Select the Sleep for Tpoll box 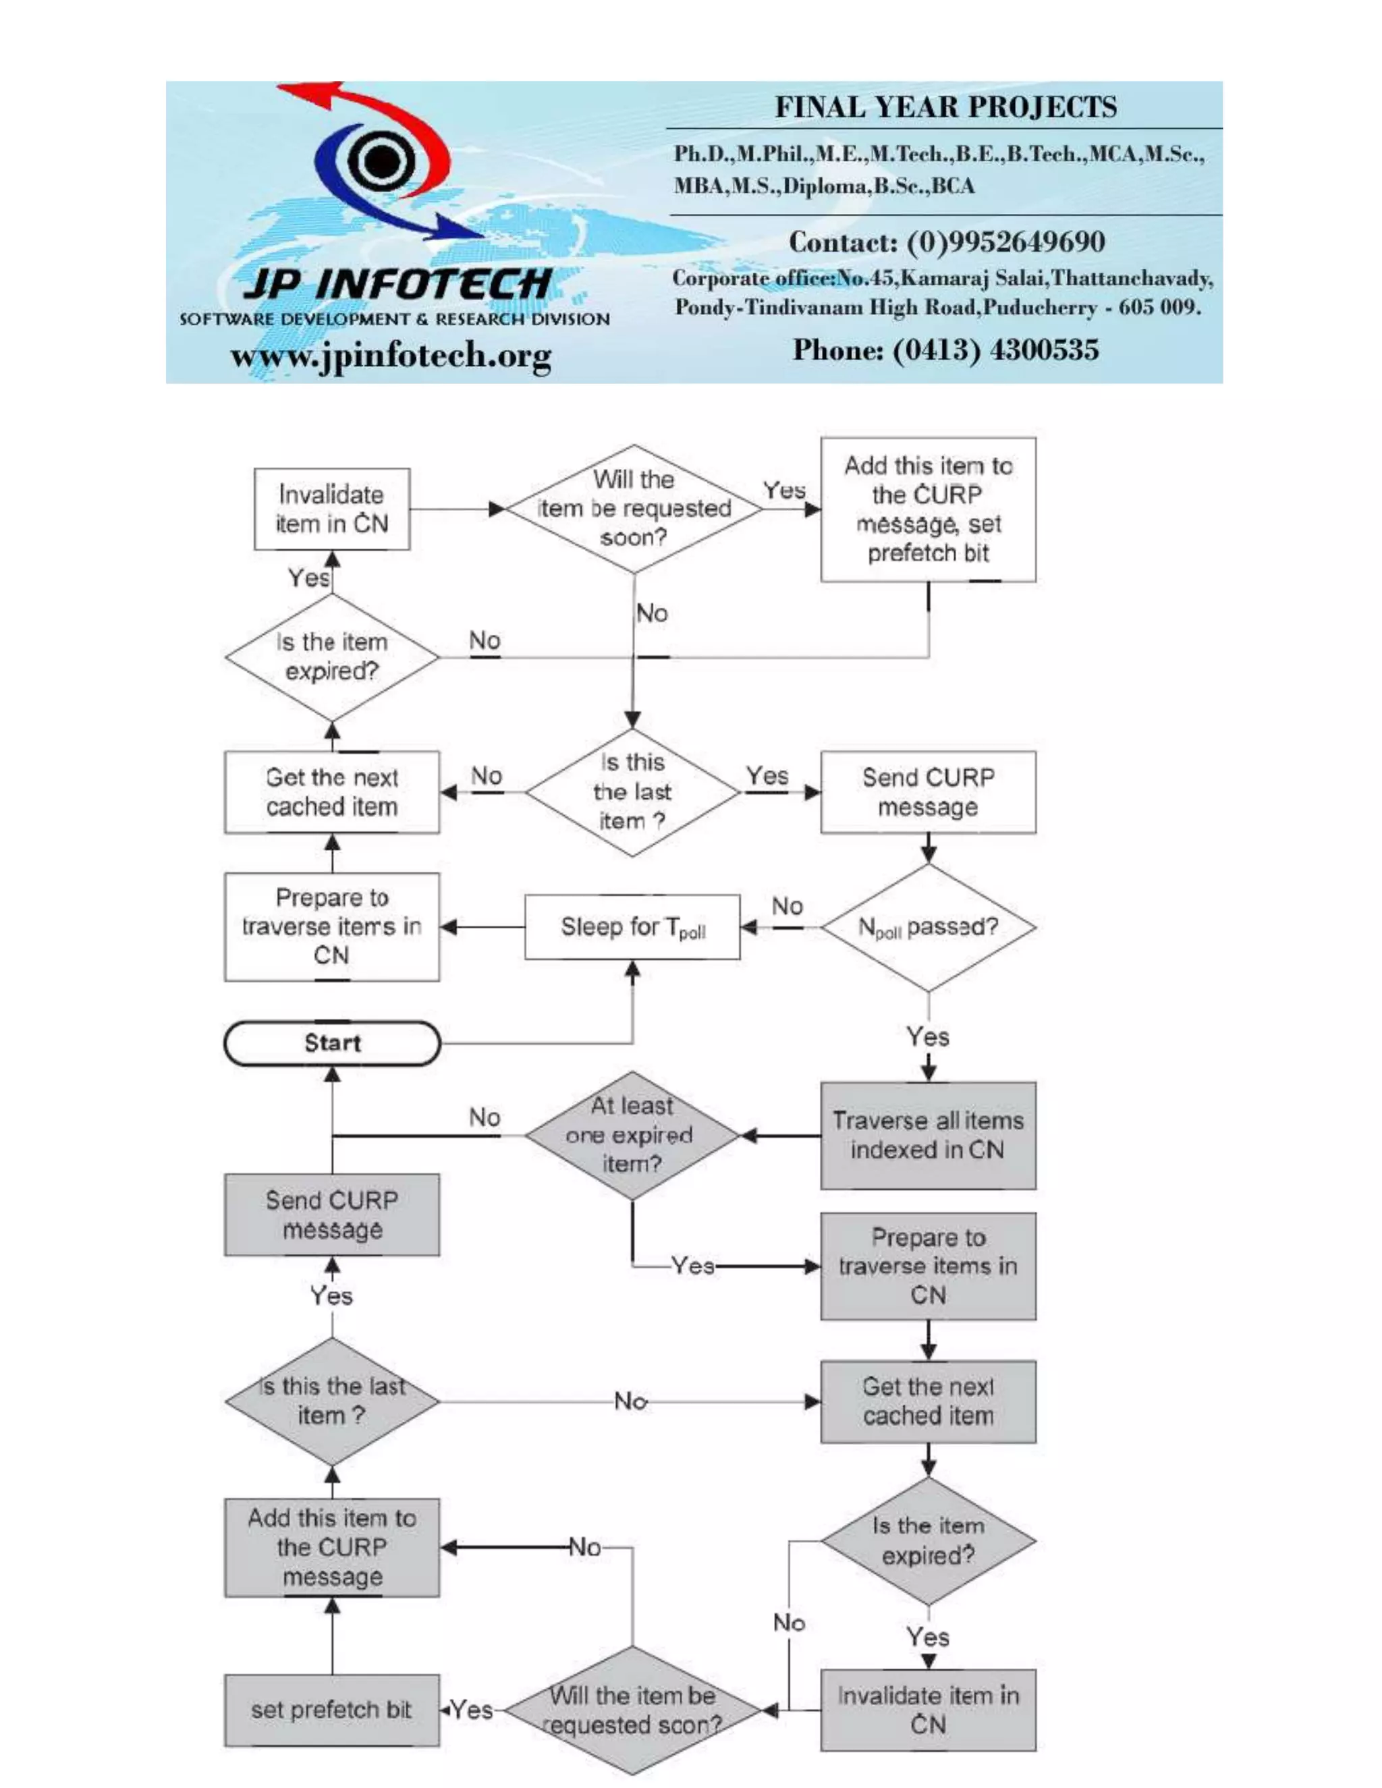pos(632,927)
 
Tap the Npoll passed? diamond pos(929,927)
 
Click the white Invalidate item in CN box pos(331,509)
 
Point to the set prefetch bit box pos(331,1710)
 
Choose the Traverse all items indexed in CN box pos(929,1135)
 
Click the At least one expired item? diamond pos(632,1135)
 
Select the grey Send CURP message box pos(331,1215)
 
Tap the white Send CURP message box pos(929,791)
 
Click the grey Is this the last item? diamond pos(331,1401)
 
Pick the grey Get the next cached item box pos(929,1401)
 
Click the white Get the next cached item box pos(331,791)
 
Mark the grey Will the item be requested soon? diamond pos(632,1710)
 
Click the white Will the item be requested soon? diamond pos(634,509)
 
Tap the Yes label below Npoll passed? pos(928,1036)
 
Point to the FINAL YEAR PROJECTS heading pos(945,107)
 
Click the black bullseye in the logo pos(380,160)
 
